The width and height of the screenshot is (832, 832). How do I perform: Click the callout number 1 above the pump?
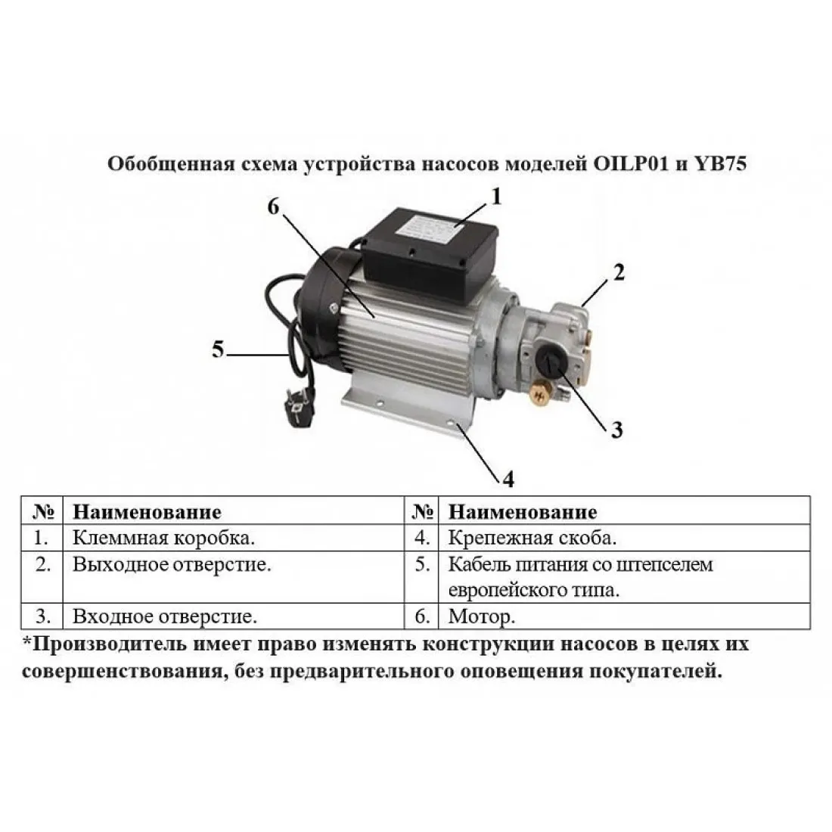coord(496,197)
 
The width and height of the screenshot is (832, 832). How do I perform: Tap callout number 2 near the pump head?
coord(619,272)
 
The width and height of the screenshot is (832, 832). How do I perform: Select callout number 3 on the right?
coord(616,430)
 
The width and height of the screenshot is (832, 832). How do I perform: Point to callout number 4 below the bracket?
coord(508,479)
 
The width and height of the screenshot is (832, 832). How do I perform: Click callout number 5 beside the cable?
coord(218,349)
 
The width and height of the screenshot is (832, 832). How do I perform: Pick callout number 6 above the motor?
coord(273,206)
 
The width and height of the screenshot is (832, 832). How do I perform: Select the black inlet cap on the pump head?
coord(550,362)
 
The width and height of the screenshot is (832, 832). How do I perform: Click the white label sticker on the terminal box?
coord(427,228)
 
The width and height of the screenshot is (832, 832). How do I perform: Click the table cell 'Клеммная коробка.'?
coord(163,538)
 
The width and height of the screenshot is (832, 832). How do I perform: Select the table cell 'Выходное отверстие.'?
coord(172,564)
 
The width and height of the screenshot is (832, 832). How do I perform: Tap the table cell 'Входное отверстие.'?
coord(164,616)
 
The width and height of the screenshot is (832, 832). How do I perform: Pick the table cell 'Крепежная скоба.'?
coord(532,538)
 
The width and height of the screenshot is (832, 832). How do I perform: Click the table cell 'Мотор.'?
coord(481,616)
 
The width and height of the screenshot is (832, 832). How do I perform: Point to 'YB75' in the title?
coord(719,163)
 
